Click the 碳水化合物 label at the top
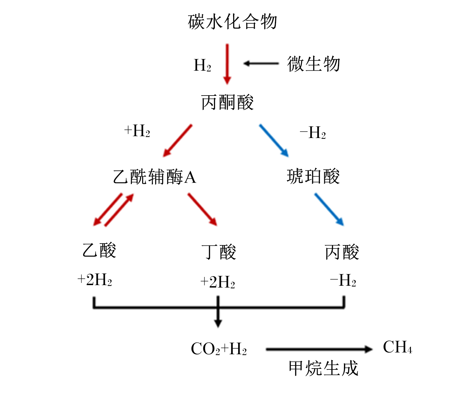(232, 22)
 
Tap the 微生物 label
(313, 64)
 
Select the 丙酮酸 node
(227, 102)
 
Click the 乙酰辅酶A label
(155, 177)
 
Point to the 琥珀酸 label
(313, 176)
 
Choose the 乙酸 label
(99, 250)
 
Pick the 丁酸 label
(219, 252)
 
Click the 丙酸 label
(342, 252)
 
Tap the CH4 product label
(397, 347)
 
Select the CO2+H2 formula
(219, 349)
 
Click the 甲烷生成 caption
(323, 368)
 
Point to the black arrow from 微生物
(261, 63)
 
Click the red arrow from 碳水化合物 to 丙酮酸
(227, 64)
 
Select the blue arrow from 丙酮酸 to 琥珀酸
(274, 140)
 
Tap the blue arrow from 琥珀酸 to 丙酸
(329, 210)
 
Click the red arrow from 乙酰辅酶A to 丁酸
(202, 210)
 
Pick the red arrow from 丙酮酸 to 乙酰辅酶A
(178, 140)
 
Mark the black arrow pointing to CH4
(319, 349)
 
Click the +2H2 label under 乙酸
(95, 280)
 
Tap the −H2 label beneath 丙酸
(343, 281)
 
